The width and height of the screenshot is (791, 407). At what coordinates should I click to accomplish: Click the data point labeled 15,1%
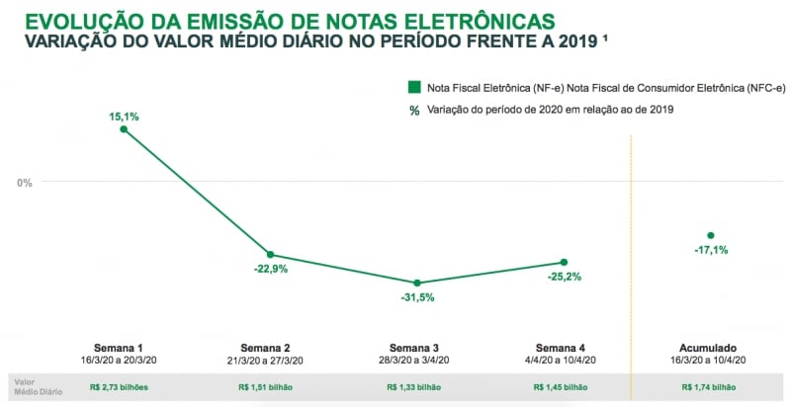tap(124, 128)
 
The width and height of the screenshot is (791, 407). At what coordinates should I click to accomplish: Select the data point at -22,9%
tap(270, 255)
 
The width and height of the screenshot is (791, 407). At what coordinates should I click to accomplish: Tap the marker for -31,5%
tap(416, 284)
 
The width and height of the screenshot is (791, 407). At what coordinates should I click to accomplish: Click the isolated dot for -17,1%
tap(710, 235)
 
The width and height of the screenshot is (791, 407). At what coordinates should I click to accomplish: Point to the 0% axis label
tap(25, 183)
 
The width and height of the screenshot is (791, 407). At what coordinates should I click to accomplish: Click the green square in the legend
tap(415, 88)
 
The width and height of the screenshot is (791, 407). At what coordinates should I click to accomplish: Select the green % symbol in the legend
tap(415, 110)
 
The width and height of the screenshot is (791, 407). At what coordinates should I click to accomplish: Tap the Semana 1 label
tap(119, 348)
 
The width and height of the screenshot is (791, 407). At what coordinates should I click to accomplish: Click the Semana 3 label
tap(415, 348)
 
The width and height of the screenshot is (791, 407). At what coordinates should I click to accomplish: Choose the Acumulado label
tap(709, 348)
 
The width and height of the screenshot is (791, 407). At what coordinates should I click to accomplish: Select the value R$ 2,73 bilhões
tap(119, 387)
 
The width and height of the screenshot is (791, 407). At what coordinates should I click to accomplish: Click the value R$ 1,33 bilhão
tap(415, 387)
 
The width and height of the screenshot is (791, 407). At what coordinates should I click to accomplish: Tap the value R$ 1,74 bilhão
tap(709, 387)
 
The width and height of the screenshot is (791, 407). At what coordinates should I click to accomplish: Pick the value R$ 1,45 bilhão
tap(561, 387)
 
